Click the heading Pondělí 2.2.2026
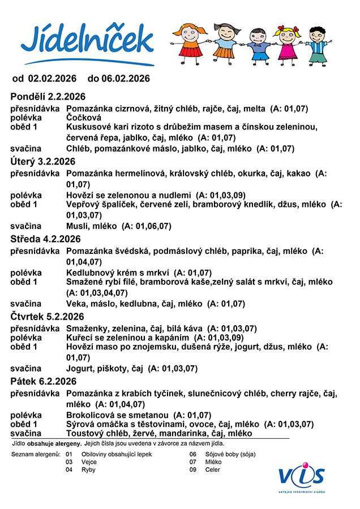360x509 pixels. (48, 96)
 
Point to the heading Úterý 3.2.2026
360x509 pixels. (43, 162)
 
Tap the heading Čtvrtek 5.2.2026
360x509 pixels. (48, 316)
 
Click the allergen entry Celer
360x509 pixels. (212, 469)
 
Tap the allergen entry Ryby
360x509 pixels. (89, 469)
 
